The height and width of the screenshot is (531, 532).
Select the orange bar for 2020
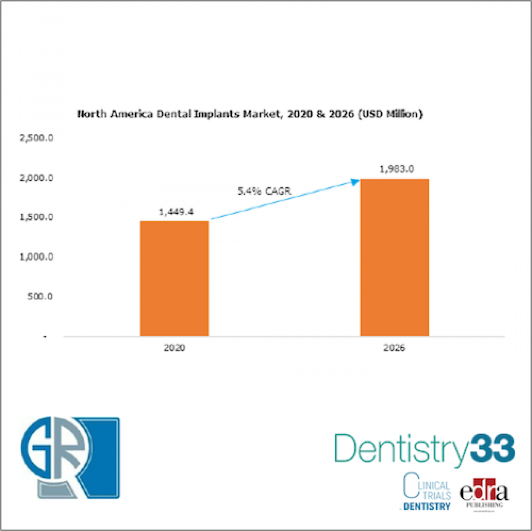click(174, 278)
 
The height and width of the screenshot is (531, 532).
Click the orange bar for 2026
click(394, 257)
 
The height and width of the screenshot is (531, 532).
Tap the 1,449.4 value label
click(176, 212)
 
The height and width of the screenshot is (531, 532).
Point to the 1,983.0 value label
click(396, 169)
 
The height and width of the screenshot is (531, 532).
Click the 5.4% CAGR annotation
click(264, 192)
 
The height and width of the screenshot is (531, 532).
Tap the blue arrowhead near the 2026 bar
click(355, 181)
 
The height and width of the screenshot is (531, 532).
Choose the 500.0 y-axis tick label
click(40, 296)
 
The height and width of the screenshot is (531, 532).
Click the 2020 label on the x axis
click(174, 348)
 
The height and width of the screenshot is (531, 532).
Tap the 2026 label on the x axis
click(394, 348)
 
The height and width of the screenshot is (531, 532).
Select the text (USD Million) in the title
click(390, 114)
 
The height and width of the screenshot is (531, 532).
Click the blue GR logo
click(70, 457)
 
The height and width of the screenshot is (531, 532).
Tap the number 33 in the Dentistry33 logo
click(492, 449)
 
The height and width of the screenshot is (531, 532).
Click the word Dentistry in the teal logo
click(400, 449)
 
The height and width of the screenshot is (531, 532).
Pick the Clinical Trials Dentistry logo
click(426, 492)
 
